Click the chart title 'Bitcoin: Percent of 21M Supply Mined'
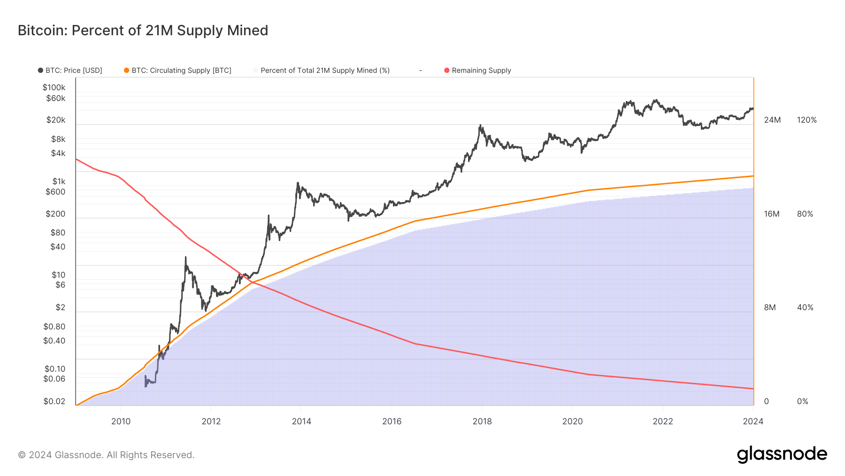(143, 31)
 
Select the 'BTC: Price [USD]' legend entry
(70, 70)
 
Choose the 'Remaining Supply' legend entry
(477, 70)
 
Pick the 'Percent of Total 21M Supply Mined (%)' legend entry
(321, 70)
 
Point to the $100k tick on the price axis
(54, 87)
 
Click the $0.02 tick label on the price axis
(54, 401)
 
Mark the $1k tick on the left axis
(59, 181)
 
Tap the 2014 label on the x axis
(301, 421)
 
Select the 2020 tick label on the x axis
(572, 421)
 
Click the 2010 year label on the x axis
(121, 421)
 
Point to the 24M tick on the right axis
(772, 120)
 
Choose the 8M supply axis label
(770, 307)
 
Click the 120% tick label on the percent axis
(807, 120)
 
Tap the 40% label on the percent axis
(805, 307)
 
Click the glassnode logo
(782, 454)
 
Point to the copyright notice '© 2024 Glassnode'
(106, 455)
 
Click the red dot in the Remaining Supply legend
(447, 70)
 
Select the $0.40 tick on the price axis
(54, 341)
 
